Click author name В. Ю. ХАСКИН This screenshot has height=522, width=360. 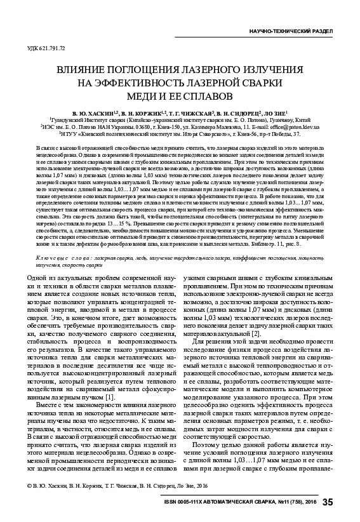point(98,111)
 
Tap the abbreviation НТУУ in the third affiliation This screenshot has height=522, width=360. point(70,134)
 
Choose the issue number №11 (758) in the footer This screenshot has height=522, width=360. point(284,503)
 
